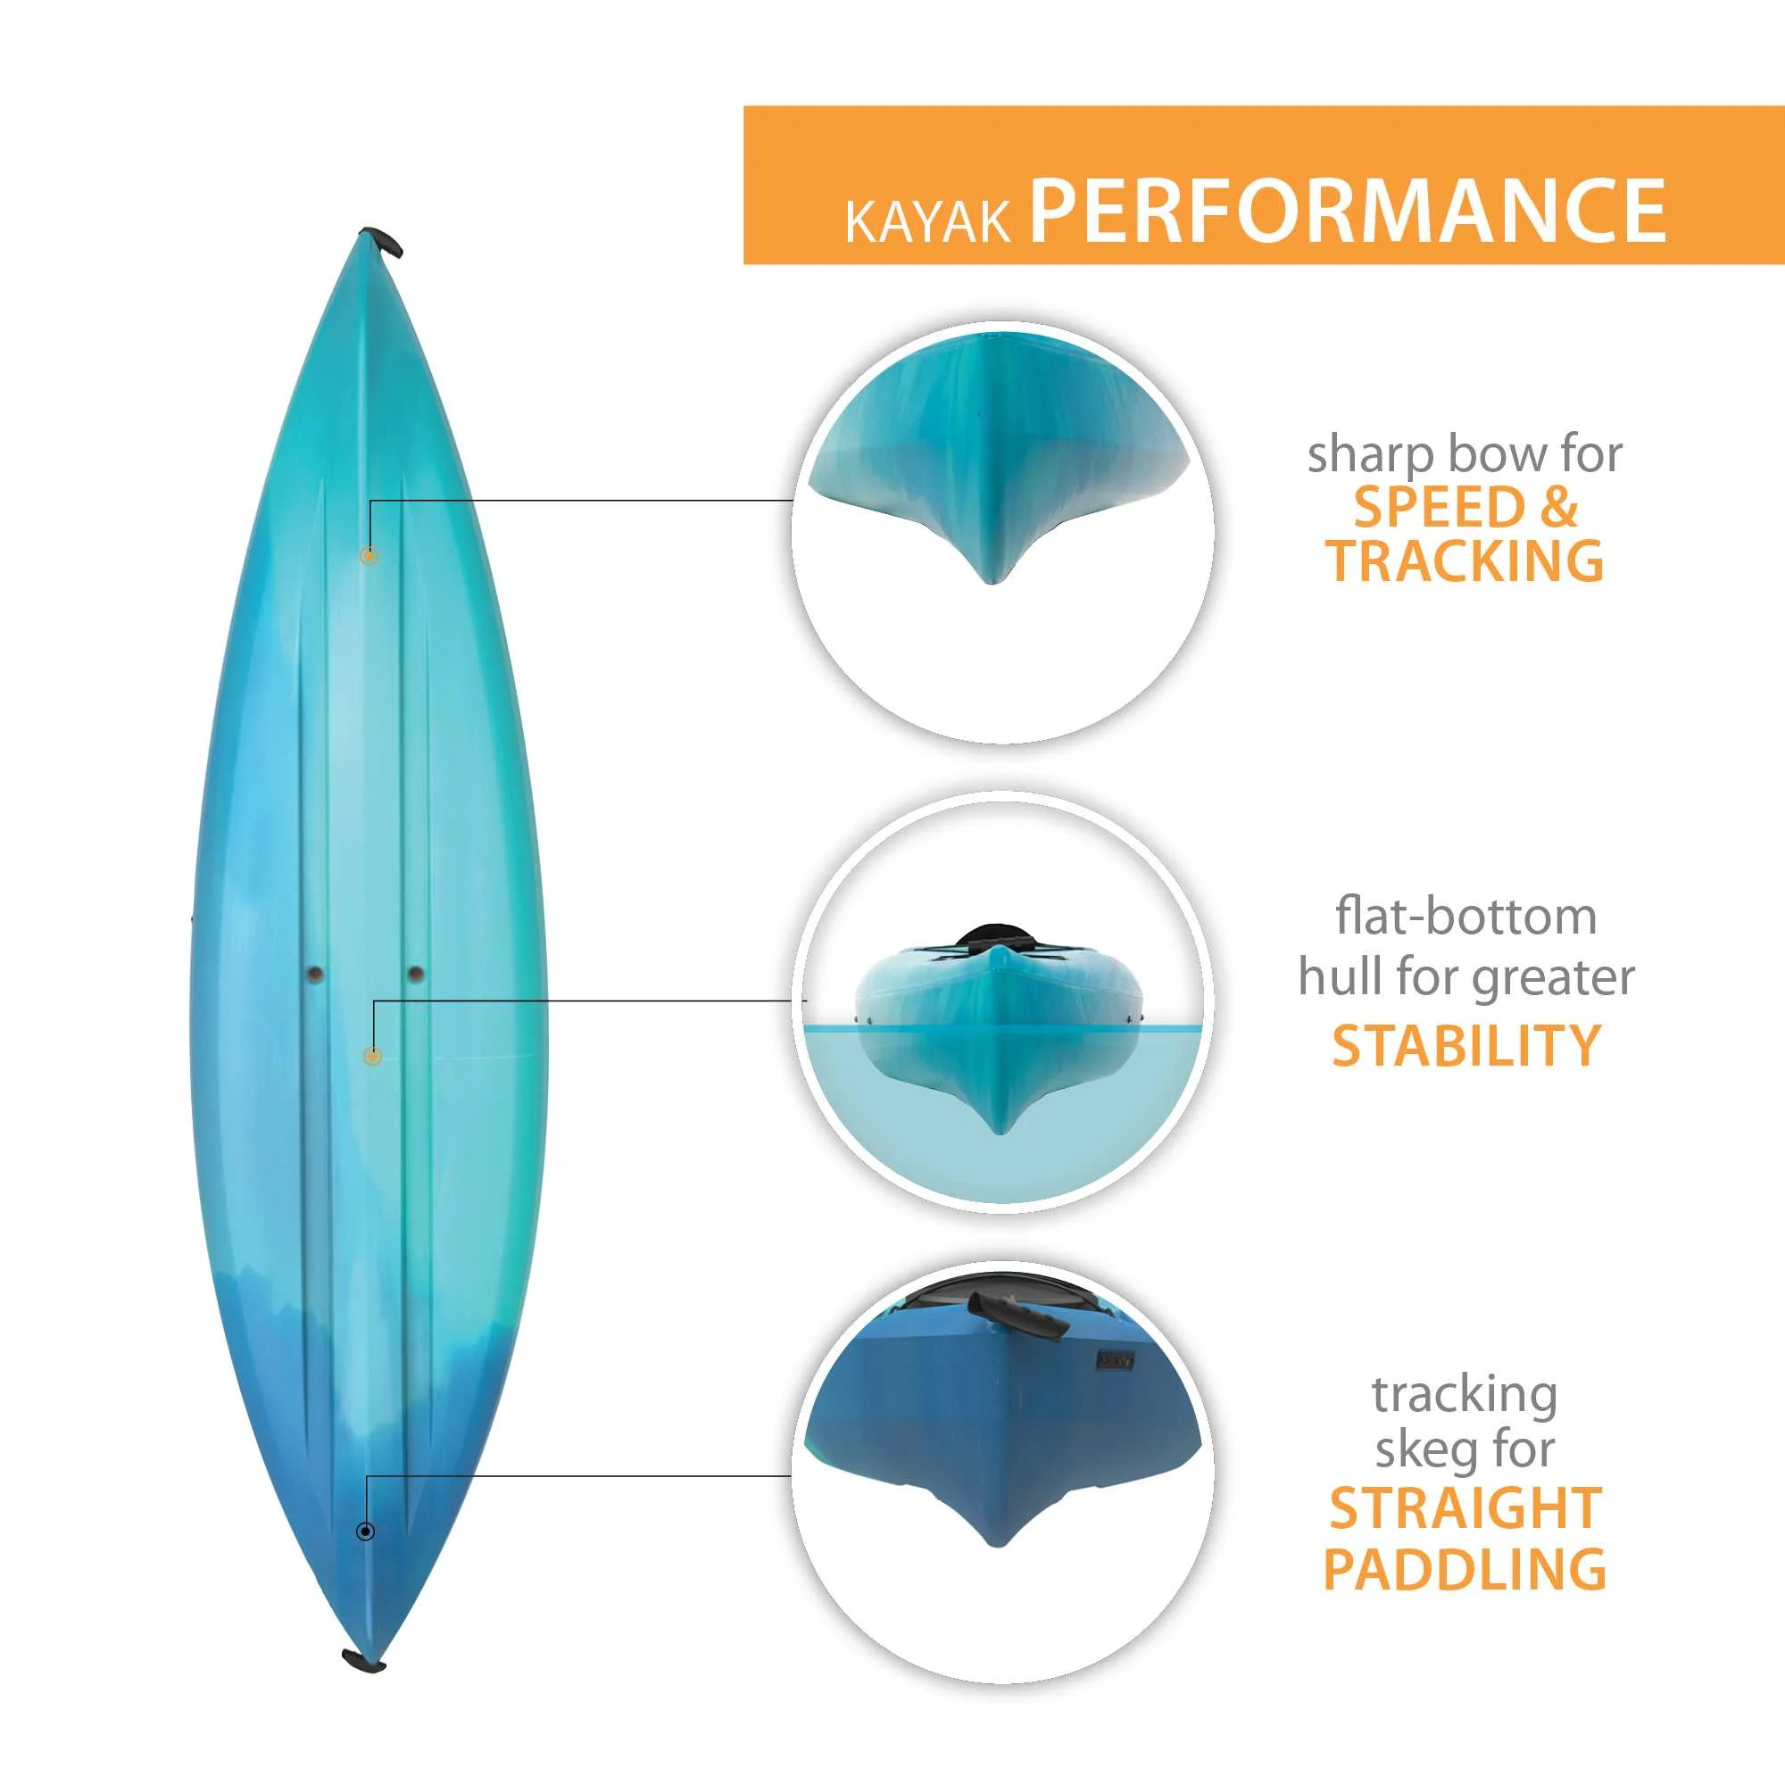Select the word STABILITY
1465,1045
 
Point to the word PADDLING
1465,1569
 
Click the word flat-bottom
1465,917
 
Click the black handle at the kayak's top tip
384,242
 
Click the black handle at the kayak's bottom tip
363,1663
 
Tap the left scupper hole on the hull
315,973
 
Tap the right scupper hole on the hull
416,973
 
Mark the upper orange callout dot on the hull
369,555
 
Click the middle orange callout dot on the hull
372,1055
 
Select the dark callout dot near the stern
366,1532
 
